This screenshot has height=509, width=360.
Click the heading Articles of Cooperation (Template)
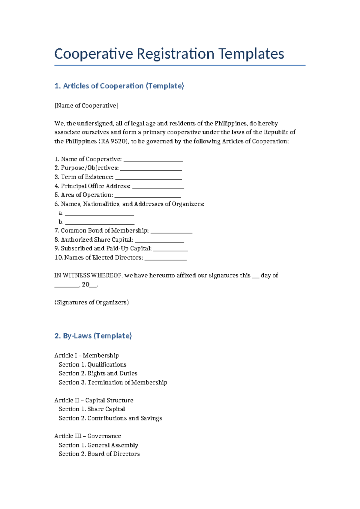point(119,86)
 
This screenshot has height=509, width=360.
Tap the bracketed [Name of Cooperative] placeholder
point(86,106)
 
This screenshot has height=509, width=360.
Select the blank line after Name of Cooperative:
point(153,161)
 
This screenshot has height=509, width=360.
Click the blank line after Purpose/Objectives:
point(151,170)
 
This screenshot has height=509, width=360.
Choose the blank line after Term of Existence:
point(148,179)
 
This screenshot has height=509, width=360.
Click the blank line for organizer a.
point(99,214)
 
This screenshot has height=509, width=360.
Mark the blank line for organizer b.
point(100,223)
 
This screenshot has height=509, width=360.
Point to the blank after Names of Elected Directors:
point(166,259)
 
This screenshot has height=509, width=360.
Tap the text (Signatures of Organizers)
point(91,303)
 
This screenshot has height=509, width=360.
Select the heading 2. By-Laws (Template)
point(93,336)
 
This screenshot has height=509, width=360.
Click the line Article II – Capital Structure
point(94,400)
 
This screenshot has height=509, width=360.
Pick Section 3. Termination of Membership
point(113,383)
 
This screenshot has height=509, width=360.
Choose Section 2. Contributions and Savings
point(110,418)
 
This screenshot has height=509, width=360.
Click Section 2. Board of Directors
point(99,454)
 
